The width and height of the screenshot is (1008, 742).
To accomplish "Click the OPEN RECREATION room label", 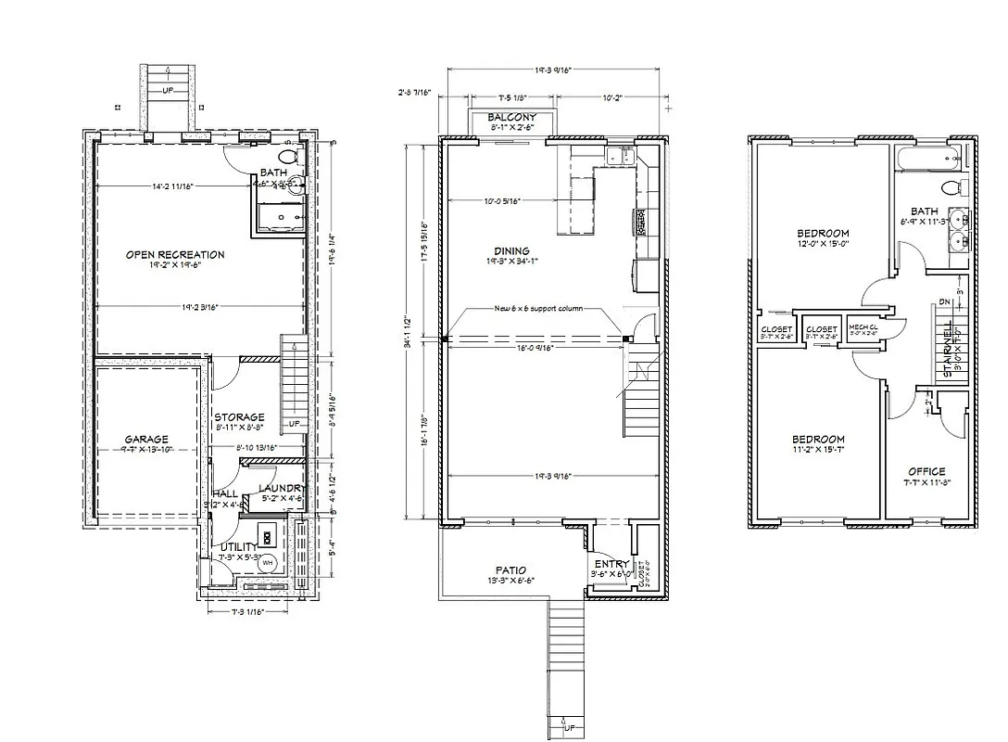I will (176, 254).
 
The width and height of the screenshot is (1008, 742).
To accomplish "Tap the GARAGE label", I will (147, 439).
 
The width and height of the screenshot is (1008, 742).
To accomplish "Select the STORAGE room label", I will (239, 417).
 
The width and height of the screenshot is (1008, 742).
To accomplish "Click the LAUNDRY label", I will (281, 489).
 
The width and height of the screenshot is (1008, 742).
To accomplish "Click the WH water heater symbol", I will (268, 563).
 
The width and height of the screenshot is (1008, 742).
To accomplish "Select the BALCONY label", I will (512, 117).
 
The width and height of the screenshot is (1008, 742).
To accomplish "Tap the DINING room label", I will (511, 250).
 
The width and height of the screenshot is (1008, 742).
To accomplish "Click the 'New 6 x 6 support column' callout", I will (538, 308).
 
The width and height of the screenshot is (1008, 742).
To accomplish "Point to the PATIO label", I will (510, 570).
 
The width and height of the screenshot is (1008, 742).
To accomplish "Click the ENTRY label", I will (611, 564).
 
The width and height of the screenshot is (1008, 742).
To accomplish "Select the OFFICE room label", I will (926, 471).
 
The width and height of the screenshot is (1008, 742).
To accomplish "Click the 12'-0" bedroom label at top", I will (823, 233).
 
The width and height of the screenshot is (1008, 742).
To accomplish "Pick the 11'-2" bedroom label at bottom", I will (818, 440).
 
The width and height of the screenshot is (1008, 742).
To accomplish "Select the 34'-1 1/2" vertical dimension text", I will (408, 334).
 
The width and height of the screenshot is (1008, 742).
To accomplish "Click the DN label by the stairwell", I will (944, 301).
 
